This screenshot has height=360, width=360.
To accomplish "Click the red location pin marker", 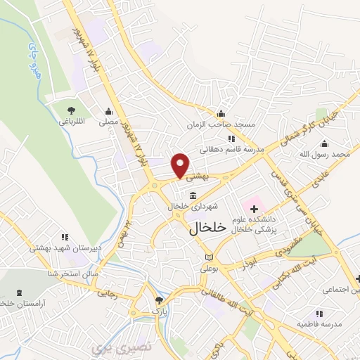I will point(181,165).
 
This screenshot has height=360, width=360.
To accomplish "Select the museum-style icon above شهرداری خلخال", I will point(193,195).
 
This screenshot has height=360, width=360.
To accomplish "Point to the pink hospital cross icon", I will point(254,210).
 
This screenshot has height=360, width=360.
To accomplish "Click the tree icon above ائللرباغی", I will point(71,110).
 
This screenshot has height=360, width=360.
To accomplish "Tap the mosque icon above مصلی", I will point(108,111).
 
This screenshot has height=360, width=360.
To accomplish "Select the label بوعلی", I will point(210,269).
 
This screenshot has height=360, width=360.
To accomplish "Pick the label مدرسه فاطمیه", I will point(323,324).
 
